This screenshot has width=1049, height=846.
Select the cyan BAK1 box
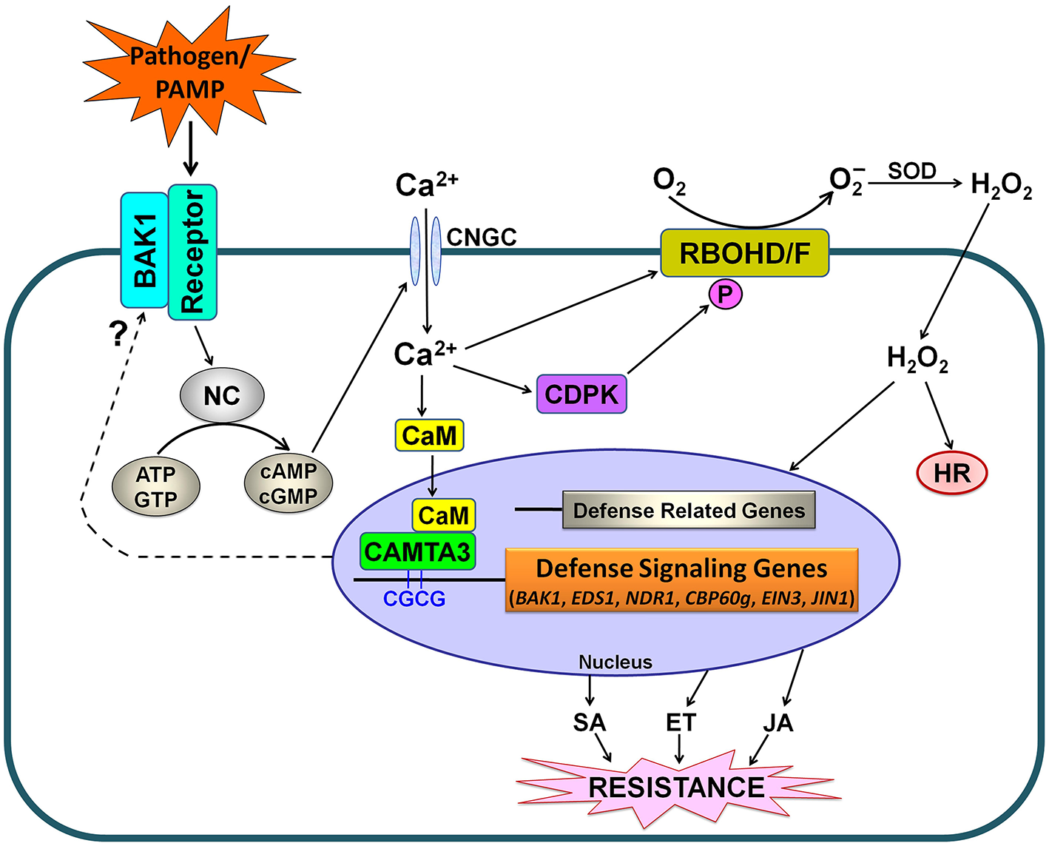[x=144, y=250]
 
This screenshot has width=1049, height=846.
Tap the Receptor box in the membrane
[x=192, y=252]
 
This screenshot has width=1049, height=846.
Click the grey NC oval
[x=222, y=396]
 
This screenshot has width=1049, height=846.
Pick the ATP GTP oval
[x=155, y=487]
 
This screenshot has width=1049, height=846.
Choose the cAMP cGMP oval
[x=289, y=483]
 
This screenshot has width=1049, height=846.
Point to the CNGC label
[x=482, y=238]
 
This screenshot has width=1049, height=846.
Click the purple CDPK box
[x=581, y=394]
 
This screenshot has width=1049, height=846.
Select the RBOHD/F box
[x=744, y=253]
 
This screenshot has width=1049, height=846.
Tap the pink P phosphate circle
[x=725, y=295]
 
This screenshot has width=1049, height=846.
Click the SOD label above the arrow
[x=911, y=172]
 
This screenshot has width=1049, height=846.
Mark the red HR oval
[x=952, y=473]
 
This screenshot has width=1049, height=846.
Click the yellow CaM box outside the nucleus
[x=430, y=435]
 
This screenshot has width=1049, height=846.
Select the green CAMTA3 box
[x=418, y=551]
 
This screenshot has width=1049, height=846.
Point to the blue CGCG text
[x=414, y=599]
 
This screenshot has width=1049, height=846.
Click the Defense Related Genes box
[x=689, y=510]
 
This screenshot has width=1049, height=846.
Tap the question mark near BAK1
[x=118, y=335]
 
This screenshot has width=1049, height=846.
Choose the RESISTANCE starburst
[x=676, y=788]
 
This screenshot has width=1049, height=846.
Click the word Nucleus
[x=615, y=662]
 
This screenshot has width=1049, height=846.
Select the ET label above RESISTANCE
[x=681, y=722]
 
